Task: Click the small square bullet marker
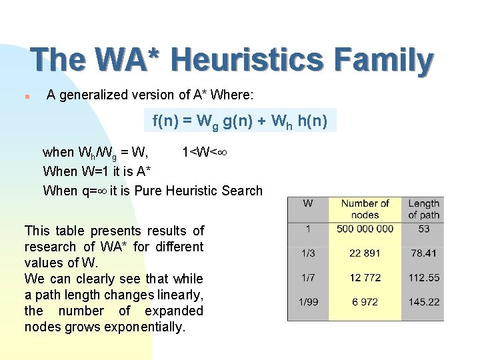click(x=24, y=96)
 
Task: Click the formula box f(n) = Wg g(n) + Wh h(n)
click(x=241, y=121)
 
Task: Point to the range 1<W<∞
click(x=205, y=153)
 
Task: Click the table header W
click(x=308, y=203)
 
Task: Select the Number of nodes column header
click(x=365, y=209)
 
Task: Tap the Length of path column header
click(x=423, y=209)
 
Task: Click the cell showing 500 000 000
click(x=365, y=229)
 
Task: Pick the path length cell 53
click(x=423, y=229)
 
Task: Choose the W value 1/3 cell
click(x=308, y=253)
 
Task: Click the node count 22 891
click(x=365, y=253)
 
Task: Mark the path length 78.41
click(x=424, y=253)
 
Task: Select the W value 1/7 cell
click(x=308, y=277)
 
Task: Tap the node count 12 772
click(x=365, y=277)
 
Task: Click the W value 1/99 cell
click(x=308, y=302)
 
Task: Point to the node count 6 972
click(x=365, y=302)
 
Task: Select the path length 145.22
click(x=424, y=302)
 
